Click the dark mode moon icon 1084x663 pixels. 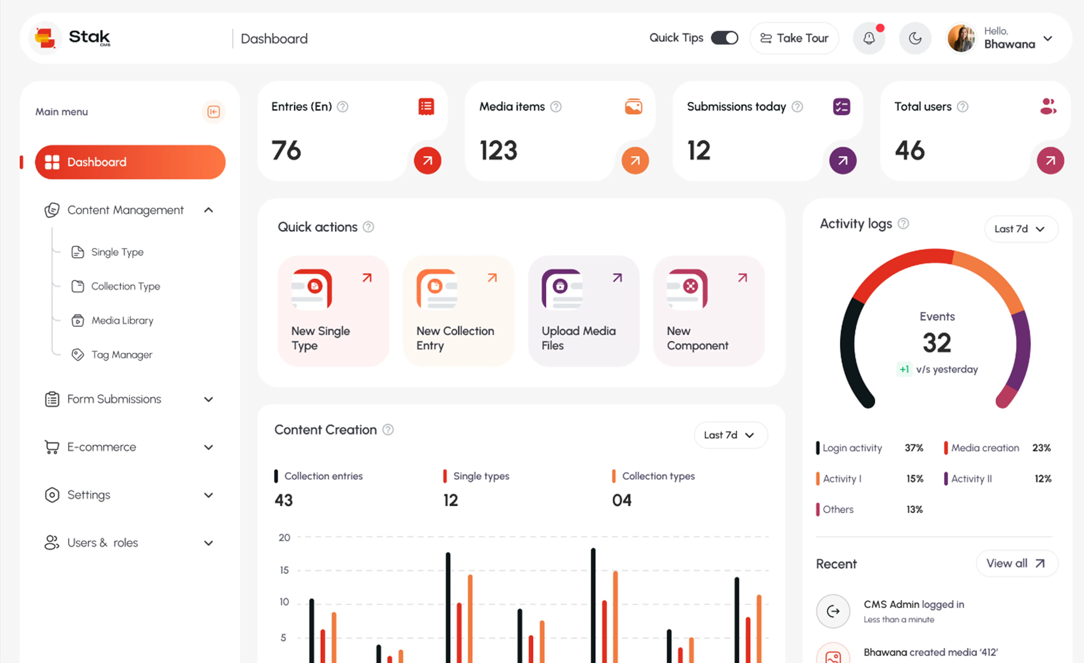(915, 38)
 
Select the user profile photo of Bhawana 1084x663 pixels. (961, 38)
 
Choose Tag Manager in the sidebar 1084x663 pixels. (121, 355)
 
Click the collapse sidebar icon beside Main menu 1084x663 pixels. (213, 112)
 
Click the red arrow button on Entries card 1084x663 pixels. (427, 161)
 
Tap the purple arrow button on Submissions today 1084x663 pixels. (843, 161)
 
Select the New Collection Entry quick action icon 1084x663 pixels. (437, 289)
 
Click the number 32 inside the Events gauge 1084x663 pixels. (937, 343)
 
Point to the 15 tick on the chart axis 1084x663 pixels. (284, 570)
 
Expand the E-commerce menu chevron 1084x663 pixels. (208, 447)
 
